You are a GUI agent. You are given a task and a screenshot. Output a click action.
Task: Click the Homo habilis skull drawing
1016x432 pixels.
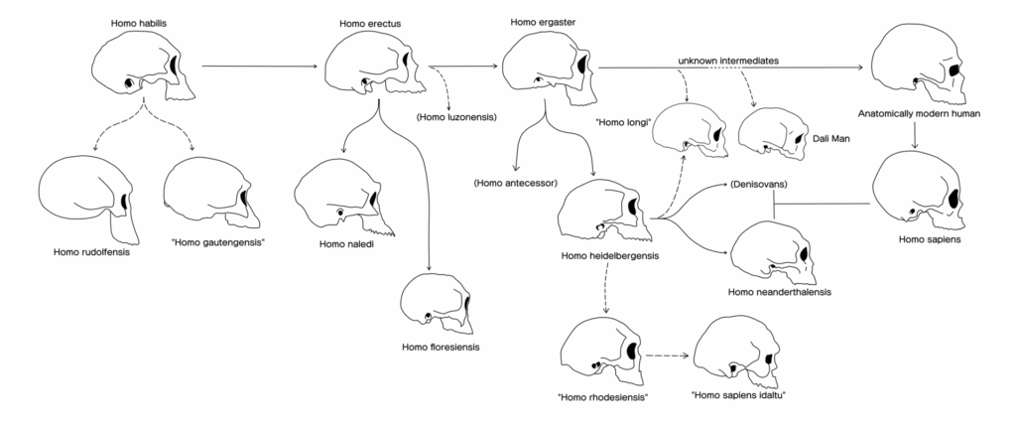click(x=139, y=65)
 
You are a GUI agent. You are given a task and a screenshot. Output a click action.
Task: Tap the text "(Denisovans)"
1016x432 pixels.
click(x=759, y=186)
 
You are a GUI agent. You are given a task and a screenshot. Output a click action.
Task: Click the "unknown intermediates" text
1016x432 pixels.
click(x=726, y=62)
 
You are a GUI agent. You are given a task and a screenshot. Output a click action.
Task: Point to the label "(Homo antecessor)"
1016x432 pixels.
click(x=516, y=183)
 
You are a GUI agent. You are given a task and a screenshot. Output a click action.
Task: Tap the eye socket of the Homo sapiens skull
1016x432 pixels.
click(x=953, y=195)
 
